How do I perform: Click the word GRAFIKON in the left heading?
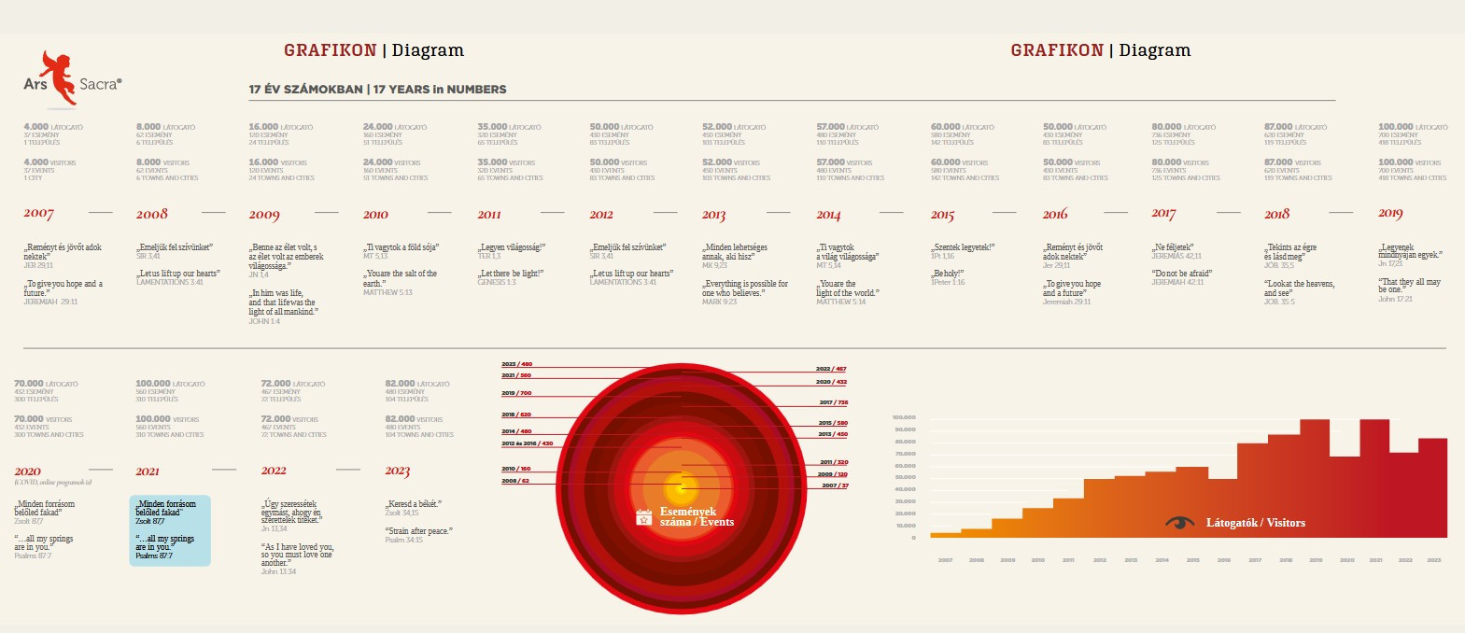point(330,50)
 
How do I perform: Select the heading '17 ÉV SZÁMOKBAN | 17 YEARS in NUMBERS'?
point(377,90)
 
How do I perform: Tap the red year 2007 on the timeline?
point(38,214)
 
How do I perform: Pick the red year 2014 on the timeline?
point(828,215)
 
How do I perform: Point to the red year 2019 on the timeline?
point(1390,214)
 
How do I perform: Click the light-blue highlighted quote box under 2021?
point(170,530)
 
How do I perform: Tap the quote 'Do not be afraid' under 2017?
point(1181,274)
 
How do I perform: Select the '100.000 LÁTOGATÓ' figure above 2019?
point(1413,127)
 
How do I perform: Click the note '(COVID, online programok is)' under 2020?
point(52,483)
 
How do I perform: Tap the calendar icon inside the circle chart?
point(643,517)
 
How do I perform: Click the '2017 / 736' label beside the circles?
point(833,402)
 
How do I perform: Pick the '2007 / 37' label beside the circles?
point(835,485)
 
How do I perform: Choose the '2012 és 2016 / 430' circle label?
point(527,443)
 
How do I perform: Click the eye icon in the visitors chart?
point(1180,522)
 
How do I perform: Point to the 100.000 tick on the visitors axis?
point(904,417)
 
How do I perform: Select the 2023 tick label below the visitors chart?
point(1434,560)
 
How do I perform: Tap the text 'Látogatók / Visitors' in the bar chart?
point(1255,523)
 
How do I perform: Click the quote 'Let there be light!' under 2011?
point(511,274)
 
